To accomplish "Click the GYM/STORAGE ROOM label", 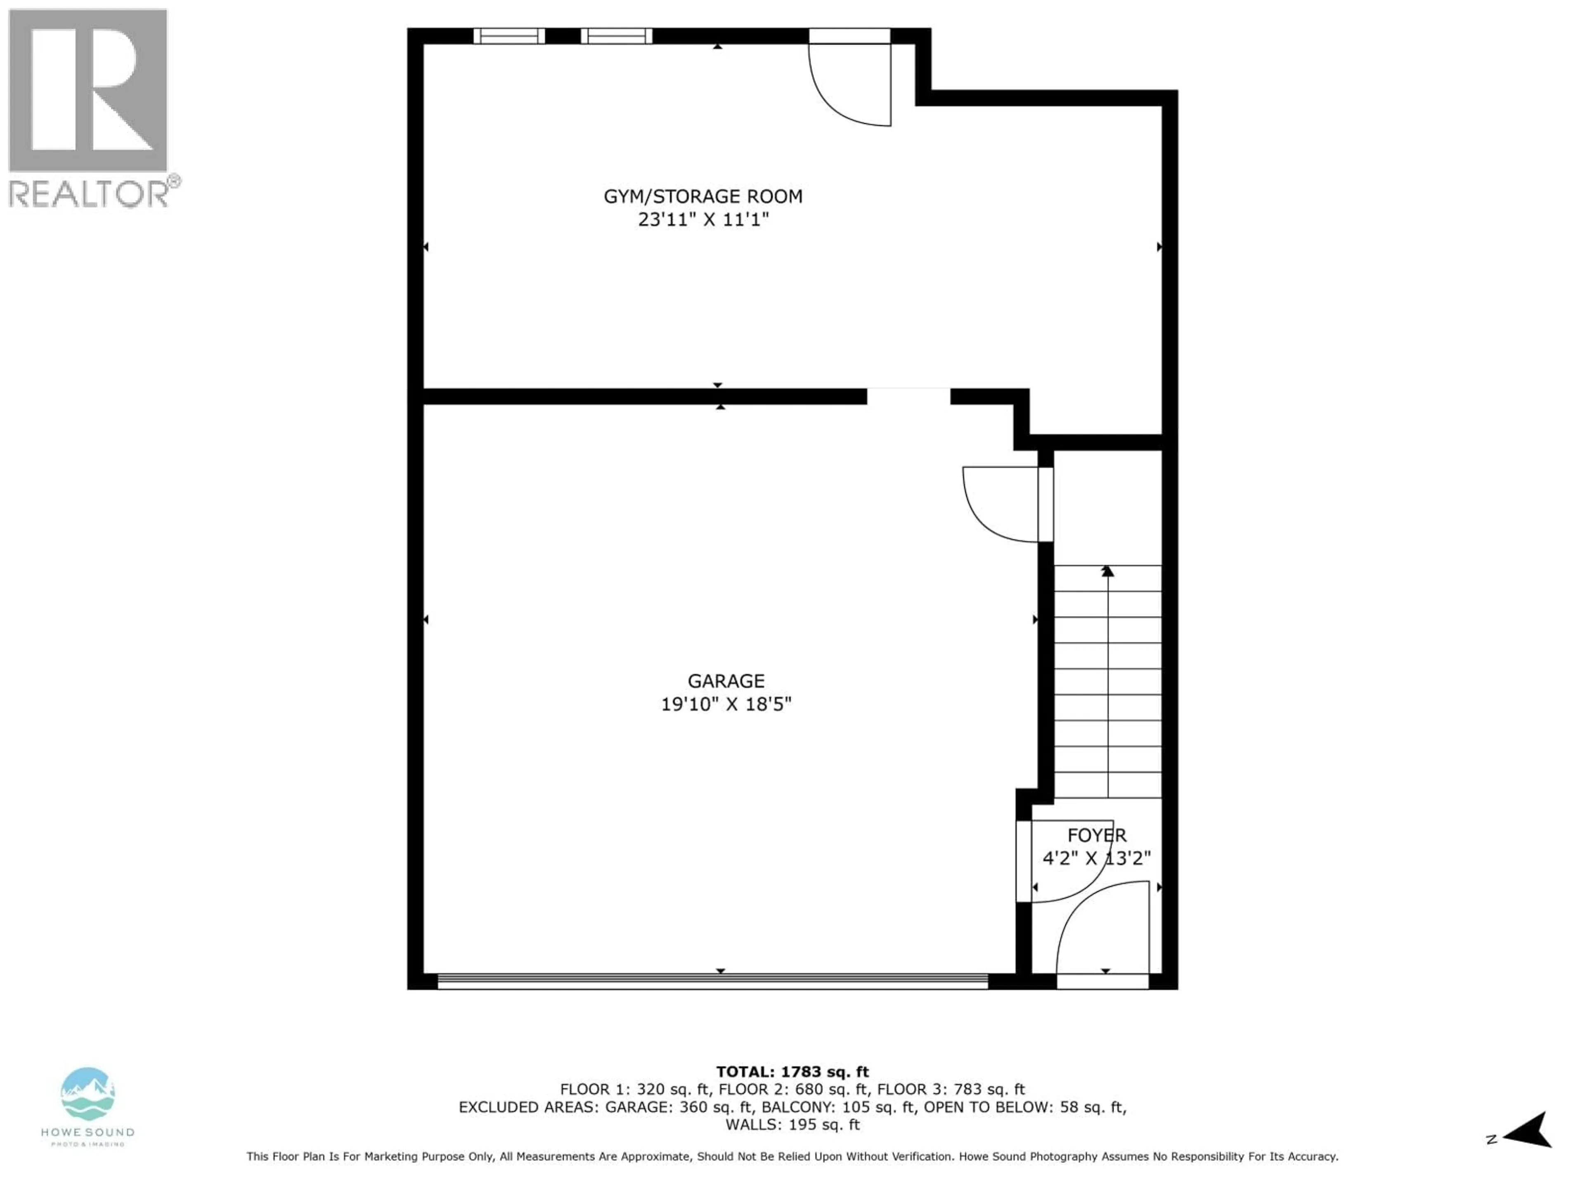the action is (x=703, y=197).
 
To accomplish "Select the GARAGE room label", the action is (x=726, y=681).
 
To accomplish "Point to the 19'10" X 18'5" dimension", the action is (x=726, y=704).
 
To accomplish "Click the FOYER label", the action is (x=1097, y=835).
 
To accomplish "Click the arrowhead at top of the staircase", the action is (x=1108, y=571).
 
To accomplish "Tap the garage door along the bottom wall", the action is (x=713, y=981).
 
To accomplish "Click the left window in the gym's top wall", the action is (x=509, y=36).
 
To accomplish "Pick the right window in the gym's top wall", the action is (x=616, y=36).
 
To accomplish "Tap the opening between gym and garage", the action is (x=908, y=396).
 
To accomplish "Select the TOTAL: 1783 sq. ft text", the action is (x=792, y=1072).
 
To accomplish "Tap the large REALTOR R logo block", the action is (x=88, y=90).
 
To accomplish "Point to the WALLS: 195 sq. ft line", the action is (x=792, y=1125).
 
